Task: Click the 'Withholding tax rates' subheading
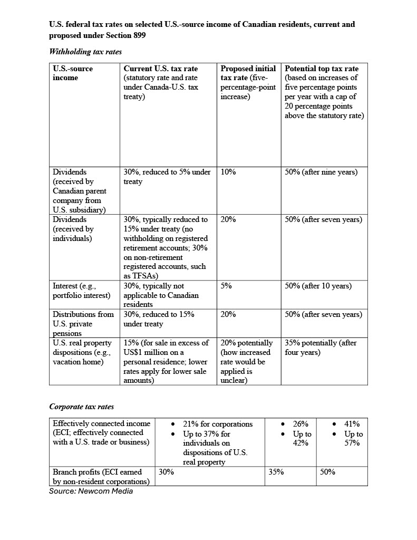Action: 85,52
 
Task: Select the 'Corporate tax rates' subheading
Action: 82,407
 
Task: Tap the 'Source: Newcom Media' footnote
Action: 91,491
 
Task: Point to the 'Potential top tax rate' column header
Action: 322,69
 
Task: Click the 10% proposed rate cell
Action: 228,172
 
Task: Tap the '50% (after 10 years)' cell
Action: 318,286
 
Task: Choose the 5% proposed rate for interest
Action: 226,286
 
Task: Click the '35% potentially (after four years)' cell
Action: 321,348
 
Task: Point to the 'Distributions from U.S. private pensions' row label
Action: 83,324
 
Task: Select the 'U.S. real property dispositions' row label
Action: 82,352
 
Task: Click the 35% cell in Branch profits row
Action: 276,472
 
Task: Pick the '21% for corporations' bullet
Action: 217,424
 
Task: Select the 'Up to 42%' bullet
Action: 302,438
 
